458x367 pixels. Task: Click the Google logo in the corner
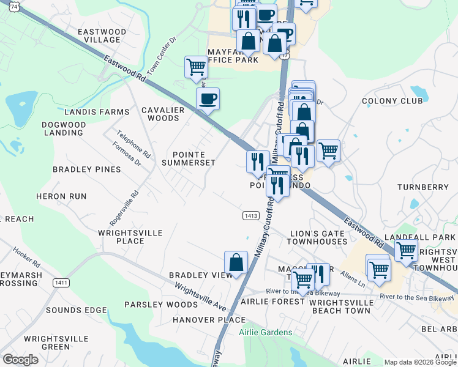point(20,360)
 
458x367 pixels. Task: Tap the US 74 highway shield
point(6,5)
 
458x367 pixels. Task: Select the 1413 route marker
point(249,216)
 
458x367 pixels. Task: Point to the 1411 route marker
point(61,282)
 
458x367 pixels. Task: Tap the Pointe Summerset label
point(188,158)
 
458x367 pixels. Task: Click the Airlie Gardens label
point(266,332)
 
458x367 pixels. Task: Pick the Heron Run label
point(61,196)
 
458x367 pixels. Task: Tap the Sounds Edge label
point(77,310)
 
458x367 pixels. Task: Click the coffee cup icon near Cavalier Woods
point(208,98)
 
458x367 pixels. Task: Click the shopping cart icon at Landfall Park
point(406,250)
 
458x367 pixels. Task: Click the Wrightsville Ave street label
point(200,295)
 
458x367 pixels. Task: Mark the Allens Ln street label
point(353,278)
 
